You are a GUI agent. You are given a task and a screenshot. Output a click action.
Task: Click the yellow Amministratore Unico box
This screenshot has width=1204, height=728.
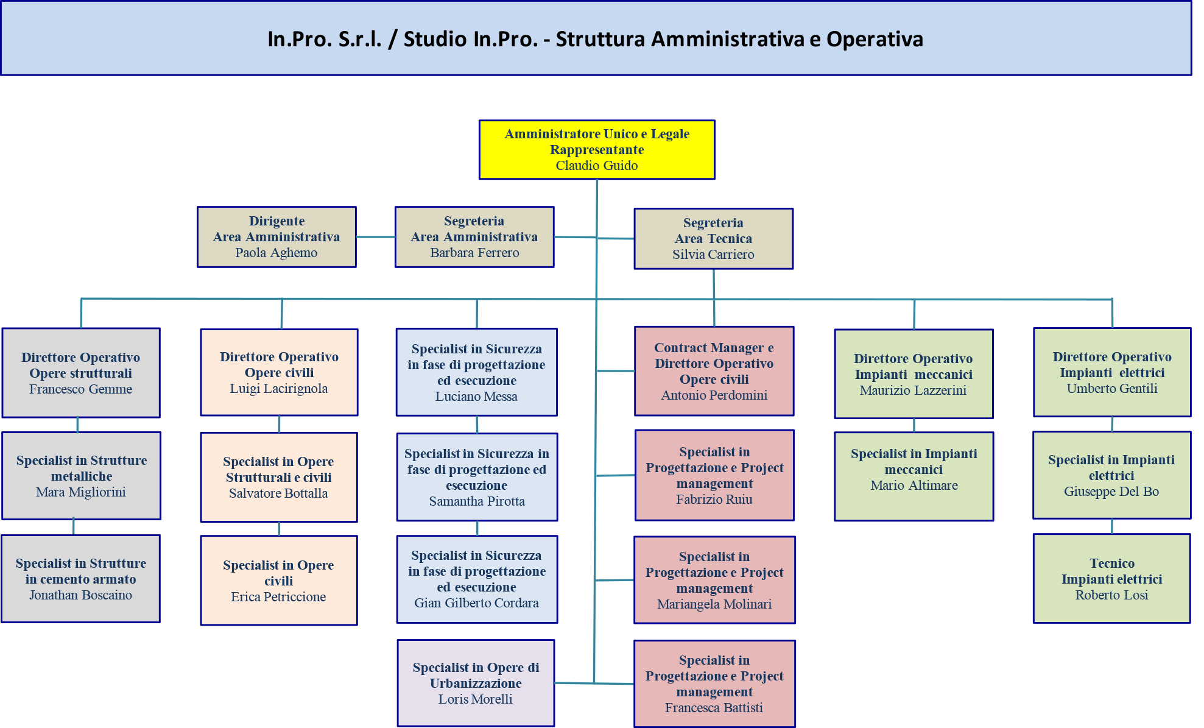597,149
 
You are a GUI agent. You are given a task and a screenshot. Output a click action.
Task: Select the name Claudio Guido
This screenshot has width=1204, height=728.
597,166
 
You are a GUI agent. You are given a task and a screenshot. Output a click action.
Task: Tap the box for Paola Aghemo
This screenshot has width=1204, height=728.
276,237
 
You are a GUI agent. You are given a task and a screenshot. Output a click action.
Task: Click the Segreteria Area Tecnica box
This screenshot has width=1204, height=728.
713,239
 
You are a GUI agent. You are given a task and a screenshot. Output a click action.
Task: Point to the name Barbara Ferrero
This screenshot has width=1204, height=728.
474,253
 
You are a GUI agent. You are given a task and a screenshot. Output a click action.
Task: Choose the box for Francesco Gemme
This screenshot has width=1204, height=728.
81,373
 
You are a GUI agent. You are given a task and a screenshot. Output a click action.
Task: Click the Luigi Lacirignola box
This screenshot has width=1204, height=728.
279,372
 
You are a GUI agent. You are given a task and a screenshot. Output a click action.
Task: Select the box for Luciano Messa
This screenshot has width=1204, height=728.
476,372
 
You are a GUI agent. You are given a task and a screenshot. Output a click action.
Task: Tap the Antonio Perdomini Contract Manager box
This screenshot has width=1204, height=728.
714,371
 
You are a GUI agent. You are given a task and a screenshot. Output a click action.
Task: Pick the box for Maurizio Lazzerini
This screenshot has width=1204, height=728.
914,374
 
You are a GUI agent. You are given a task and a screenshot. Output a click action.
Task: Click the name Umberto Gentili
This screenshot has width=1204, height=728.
1112,389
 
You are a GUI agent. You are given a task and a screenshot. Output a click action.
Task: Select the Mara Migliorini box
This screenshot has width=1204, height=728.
81,476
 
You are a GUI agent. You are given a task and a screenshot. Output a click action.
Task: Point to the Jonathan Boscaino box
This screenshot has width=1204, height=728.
80,579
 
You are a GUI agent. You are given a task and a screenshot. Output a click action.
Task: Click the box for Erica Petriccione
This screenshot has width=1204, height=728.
279,581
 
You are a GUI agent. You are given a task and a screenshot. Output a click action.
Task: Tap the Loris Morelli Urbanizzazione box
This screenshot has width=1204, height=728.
476,683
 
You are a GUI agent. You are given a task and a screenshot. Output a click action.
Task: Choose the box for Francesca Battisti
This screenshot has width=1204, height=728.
714,684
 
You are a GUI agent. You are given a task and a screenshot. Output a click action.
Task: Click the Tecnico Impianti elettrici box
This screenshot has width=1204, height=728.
1111,579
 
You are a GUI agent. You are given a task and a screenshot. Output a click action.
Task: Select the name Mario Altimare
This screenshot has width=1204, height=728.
914,486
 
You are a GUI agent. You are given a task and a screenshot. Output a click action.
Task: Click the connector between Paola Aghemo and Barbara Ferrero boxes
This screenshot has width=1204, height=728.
376,237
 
